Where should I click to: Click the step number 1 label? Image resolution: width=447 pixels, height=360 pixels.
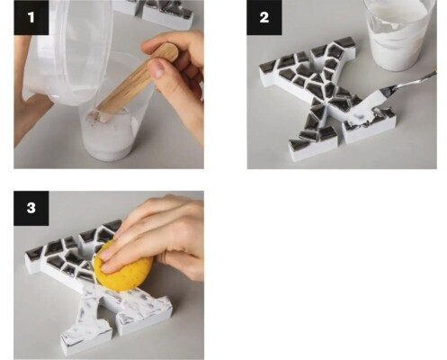(x=31, y=17)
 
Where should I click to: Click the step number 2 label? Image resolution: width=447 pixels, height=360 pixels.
(x=264, y=17)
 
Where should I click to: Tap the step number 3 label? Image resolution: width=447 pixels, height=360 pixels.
(x=31, y=208)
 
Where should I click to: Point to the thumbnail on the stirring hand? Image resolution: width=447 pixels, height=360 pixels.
(x=157, y=68)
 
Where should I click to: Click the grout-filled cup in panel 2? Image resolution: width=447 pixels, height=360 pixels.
(x=400, y=34)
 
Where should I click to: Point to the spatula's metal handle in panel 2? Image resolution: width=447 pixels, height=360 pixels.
(x=416, y=79)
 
